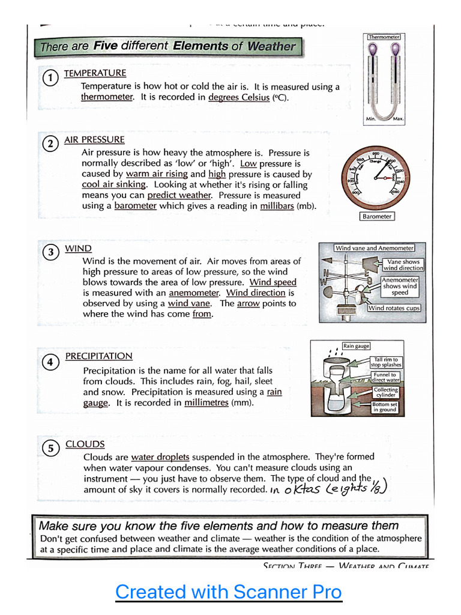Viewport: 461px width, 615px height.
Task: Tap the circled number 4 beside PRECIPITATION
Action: pyautogui.click(x=51, y=362)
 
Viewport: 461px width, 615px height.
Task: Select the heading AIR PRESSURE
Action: pyautogui.click(x=94, y=140)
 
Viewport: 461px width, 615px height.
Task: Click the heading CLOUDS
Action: pyautogui.click(x=85, y=444)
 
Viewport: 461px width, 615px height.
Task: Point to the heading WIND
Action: pyautogui.click(x=78, y=249)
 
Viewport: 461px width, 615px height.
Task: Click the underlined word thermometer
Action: pyautogui.click(x=107, y=97)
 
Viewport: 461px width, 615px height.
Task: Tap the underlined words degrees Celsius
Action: pyautogui.click(x=239, y=97)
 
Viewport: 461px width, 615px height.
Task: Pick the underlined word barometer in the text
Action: pyautogui.click(x=136, y=206)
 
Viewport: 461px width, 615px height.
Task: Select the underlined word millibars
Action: pyautogui.click(x=277, y=206)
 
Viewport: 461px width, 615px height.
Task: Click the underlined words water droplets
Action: pyautogui.click(x=160, y=457)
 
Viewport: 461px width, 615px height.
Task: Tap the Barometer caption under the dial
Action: pyautogui.click(x=377, y=216)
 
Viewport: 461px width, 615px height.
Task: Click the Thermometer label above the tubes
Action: pyautogui.click(x=384, y=37)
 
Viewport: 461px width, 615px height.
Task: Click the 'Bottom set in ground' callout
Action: pyautogui.click(x=384, y=407)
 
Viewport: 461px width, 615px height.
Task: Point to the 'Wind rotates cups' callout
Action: pyautogui.click(x=394, y=308)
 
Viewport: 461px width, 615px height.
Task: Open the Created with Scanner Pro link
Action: pyautogui.click(x=228, y=592)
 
